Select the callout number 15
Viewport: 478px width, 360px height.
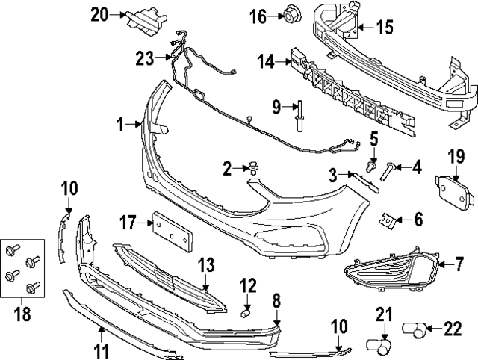click(384, 29)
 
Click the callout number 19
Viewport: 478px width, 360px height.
click(456, 155)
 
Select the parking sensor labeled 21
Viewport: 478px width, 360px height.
click(382, 344)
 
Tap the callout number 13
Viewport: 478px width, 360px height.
click(205, 264)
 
